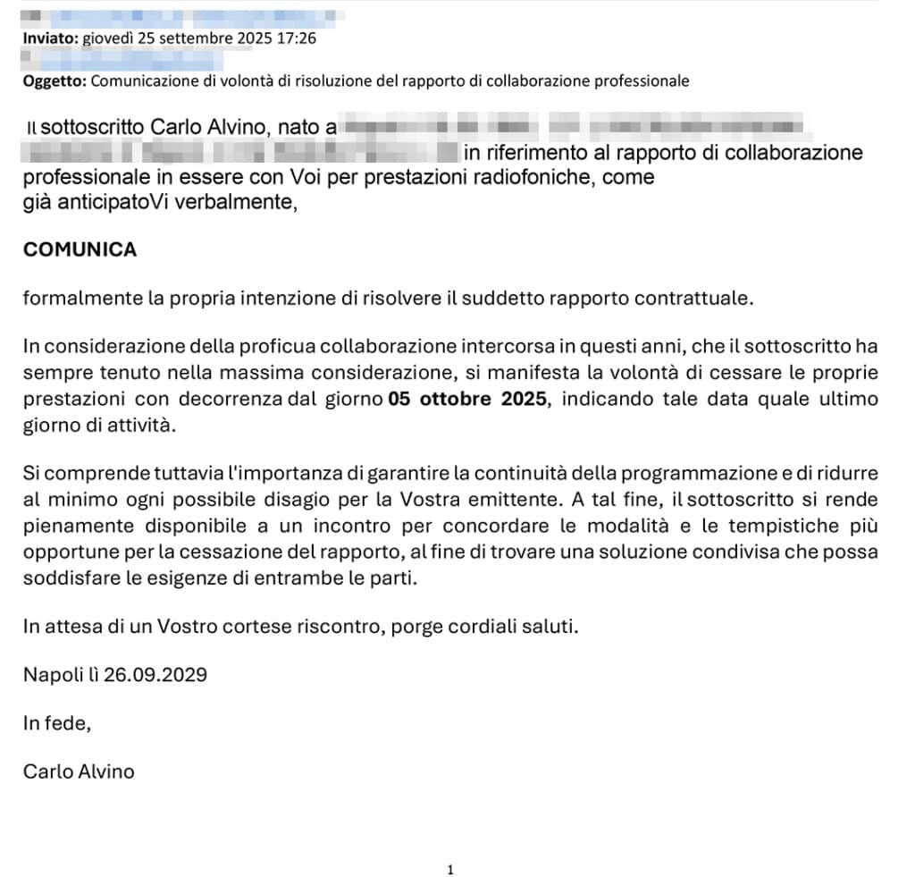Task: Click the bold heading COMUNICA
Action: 80,250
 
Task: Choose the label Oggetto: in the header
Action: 55,80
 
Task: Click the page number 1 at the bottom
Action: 450,869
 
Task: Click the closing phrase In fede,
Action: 57,723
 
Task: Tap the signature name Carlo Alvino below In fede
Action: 79,772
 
